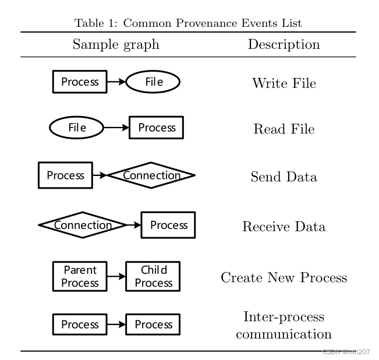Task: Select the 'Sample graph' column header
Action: pyautogui.click(x=116, y=44)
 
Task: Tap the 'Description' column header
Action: pyautogui.click(x=284, y=44)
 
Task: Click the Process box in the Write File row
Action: pyautogui.click(x=80, y=82)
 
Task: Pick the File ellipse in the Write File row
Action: pyautogui.click(x=153, y=82)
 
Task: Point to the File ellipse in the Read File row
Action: pyautogui.click(x=76, y=128)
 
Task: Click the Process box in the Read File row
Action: pyautogui.click(x=156, y=128)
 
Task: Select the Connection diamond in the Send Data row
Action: pyautogui.click(x=151, y=175)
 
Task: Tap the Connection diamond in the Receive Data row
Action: pyautogui.click(x=83, y=225)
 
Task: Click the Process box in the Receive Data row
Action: pyautogui.click(x=169, y=225)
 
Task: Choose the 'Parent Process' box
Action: pyautogui.click(x=80, y=276)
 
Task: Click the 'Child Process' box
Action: pyautogui.click(x=153, y=276)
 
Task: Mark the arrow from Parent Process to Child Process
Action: pyautogui.click(x=116, y=276)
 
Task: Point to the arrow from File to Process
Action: pyautogui.click(x=116, y=128)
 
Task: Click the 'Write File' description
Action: pyautogui.click(x=284, y=83)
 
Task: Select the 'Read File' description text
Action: pyautogui.click(x=284, y=129)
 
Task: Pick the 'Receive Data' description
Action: pyautogui.click(x=284, y=227)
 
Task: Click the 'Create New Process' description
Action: pyautogui.click(x=284, y=277)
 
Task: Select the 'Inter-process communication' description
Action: pyautogui.click(x=284, y=326)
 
